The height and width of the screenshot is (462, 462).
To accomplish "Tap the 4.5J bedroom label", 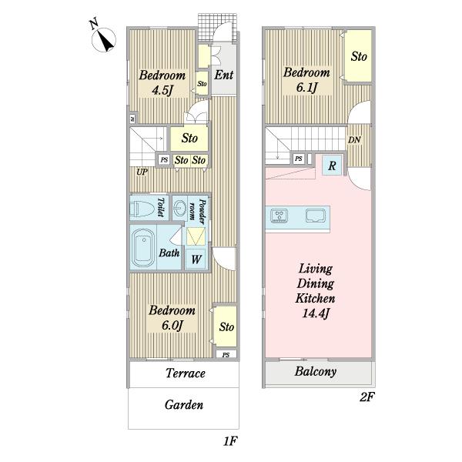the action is coord(162,82).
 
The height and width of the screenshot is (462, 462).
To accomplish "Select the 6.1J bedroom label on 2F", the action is coord(306,79).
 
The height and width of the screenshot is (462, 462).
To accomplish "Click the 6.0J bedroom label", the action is coord(172,317).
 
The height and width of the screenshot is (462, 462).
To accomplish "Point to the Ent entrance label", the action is coord(223,75).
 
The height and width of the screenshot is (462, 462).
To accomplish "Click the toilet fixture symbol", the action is coord(142,209).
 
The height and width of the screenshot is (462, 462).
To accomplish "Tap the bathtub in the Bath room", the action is coord(143,248).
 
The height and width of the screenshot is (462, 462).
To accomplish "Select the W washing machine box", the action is coord(196,259).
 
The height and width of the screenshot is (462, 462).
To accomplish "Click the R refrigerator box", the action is coord(333,166).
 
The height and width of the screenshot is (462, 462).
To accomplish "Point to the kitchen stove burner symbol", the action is coord(279,216).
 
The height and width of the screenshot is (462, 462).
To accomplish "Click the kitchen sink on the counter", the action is coord(316,216).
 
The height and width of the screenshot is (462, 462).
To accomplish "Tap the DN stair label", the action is coord(354,140).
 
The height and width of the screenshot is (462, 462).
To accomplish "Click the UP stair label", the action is coord(142,172).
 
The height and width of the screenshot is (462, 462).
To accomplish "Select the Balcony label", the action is coord(315,372).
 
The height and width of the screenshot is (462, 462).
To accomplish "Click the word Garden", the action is coord(184,405).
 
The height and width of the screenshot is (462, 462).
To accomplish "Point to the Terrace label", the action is coord(186,373).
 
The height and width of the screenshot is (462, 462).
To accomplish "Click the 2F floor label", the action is coord(367,397).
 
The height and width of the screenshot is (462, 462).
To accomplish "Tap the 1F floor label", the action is coord(230,441).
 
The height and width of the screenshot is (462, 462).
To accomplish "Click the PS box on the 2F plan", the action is coord(299,159).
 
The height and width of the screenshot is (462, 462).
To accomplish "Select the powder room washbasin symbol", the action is coord(179,209).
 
